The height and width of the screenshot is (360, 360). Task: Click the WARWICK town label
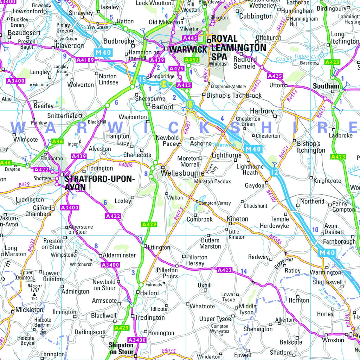[x=188, y=50]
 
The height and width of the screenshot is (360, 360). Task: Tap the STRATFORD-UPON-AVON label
[x=100, y=183]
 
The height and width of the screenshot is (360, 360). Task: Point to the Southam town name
[x=326, y=86]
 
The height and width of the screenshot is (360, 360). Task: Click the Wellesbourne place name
[x=182, y=173]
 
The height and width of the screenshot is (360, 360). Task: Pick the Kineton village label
[x=238, y=219]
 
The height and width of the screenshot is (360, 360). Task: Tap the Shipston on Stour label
[x=121, y=348]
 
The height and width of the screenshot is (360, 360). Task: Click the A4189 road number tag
[x=85, y=60]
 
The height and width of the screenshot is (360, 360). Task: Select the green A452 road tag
[x=192, y=60]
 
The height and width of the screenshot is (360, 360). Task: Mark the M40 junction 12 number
[x=275, y=172]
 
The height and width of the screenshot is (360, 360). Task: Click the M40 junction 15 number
[x=142, y=79]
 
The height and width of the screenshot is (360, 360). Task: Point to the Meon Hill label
[x=34, y=288]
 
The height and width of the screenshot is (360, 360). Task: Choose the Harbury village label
[x=262, y=111]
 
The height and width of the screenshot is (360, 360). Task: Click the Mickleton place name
[x=30, y=310]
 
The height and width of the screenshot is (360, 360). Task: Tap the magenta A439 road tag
[x=78, y=156]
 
